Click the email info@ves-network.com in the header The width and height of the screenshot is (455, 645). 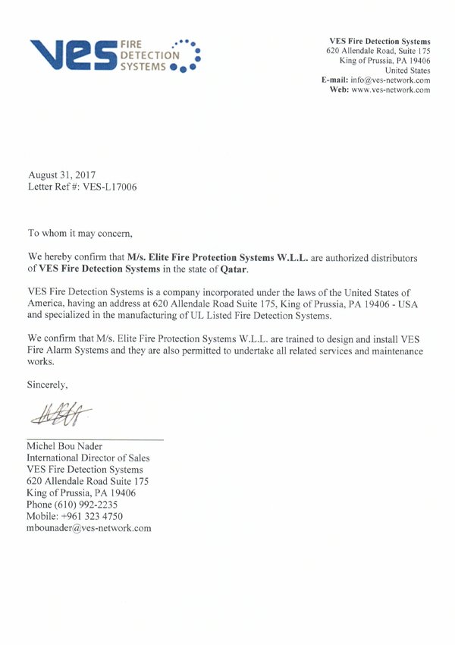point(391,80)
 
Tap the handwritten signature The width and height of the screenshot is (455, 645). point(61,415)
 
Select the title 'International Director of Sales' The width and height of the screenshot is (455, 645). point(88,458)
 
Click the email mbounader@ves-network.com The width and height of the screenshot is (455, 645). point(89,527)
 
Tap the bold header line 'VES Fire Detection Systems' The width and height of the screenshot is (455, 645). point(380,41)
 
